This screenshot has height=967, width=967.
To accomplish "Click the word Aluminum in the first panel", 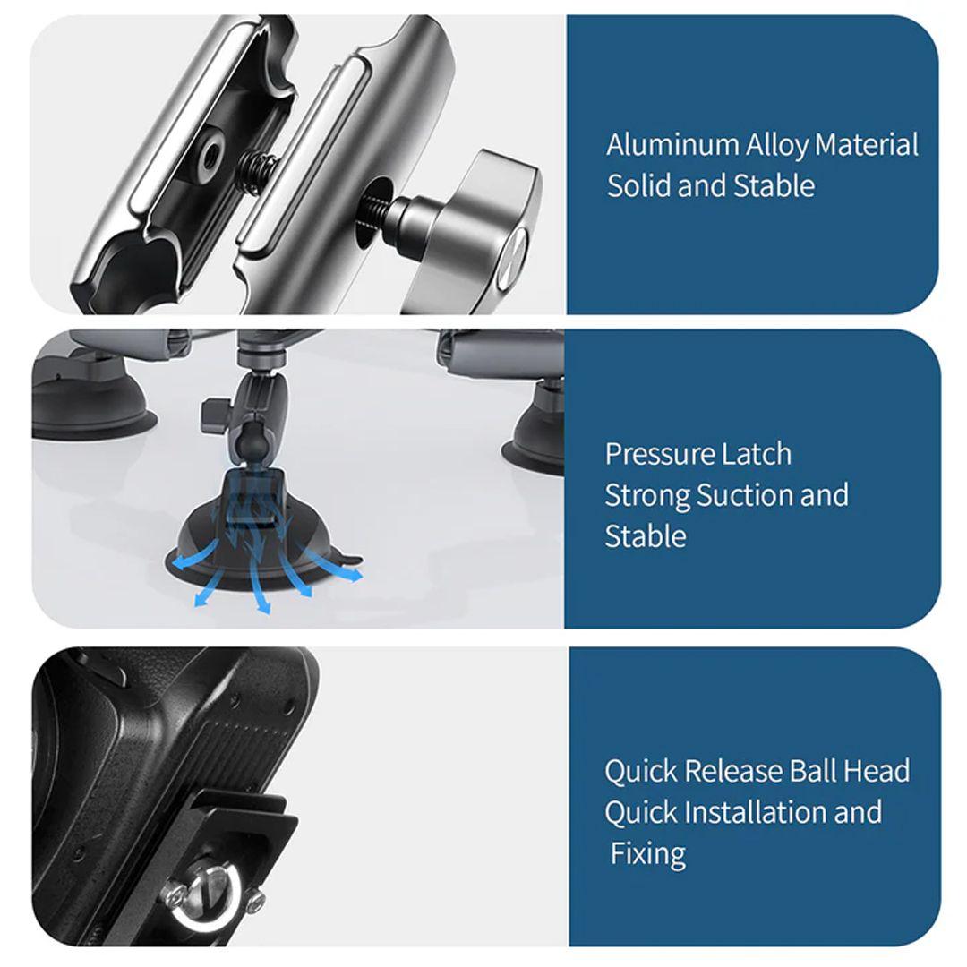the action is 672,145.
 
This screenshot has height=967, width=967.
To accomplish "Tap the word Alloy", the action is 777,146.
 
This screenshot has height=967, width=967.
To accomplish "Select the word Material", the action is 867,145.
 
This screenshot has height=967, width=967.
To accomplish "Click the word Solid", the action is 638,185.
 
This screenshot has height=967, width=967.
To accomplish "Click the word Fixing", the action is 647,855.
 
